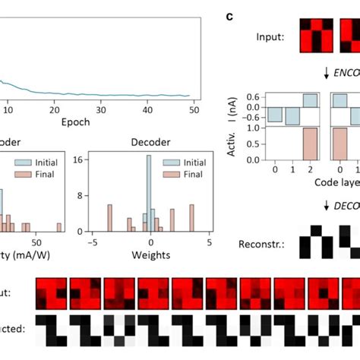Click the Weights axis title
[150, 254]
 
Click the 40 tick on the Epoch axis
[148, 109]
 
